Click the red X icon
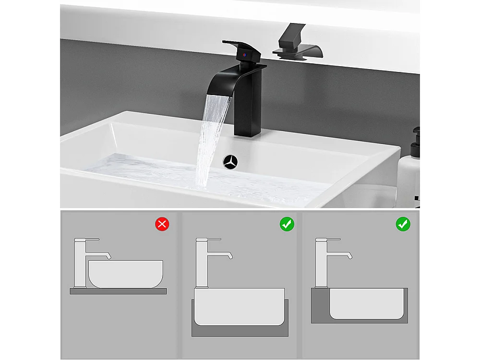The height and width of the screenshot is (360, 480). point(162,224)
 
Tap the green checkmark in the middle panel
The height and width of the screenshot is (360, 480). point(287,224)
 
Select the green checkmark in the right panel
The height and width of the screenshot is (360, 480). point(403,224)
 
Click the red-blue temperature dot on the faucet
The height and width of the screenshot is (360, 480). point(246,56)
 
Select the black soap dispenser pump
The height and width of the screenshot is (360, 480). point(416,139)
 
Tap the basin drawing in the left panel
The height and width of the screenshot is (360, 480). point(126,274)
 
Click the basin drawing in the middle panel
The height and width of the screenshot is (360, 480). point(239,307)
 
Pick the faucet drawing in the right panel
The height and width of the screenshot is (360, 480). point(322,262)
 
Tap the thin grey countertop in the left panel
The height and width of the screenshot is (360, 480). point(118,291)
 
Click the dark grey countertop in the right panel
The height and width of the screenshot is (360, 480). point(319,307)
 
